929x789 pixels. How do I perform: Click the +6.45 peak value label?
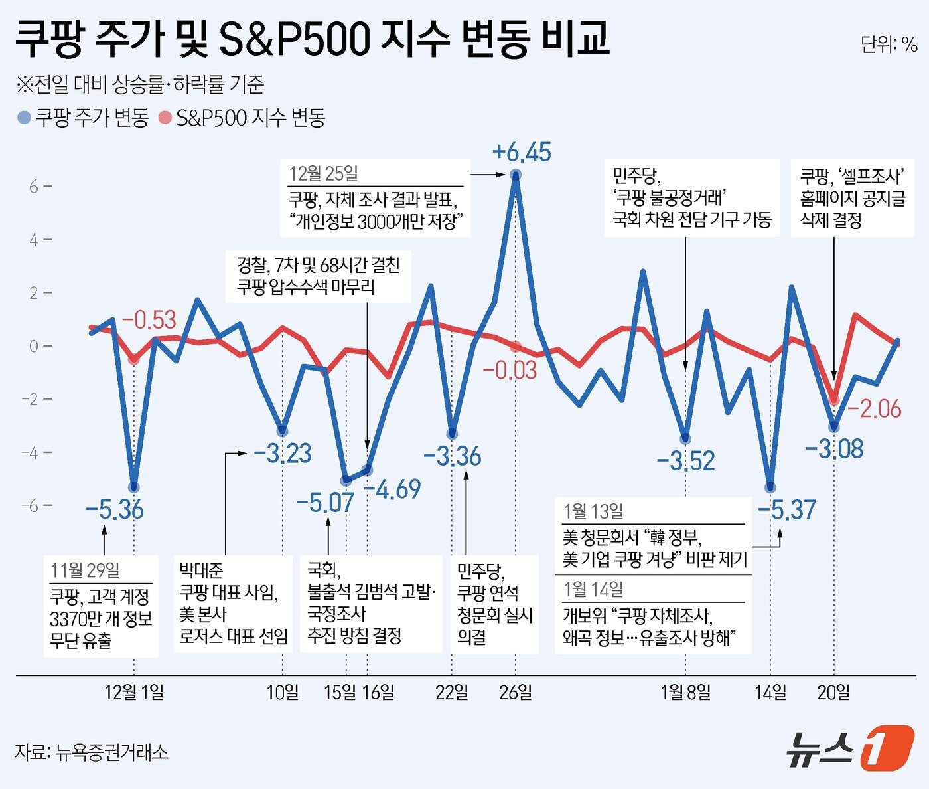(522, 152)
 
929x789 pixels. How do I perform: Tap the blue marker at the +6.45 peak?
(516, 175)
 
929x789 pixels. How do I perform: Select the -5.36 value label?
(114, 509)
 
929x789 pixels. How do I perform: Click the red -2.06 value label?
(874, 408)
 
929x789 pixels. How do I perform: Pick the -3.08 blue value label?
(834, 449)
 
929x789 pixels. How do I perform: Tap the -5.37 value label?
(787, 509)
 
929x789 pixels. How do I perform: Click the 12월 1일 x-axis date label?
(134, 693)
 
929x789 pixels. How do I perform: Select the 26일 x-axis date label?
(516, 693)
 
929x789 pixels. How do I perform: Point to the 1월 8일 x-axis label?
(685, 693)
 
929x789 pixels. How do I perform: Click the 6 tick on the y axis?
(34, 187)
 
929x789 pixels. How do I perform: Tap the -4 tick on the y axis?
(30, 452)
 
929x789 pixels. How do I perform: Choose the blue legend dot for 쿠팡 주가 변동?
(24, 118)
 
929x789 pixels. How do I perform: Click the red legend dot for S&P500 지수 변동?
(165, 118)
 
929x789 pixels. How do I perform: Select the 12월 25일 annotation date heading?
(323, 174)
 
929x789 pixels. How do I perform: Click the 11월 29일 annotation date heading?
(85, 570)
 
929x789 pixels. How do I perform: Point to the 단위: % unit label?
(889, 44)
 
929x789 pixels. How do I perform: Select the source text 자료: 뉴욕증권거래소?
(91, 752)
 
